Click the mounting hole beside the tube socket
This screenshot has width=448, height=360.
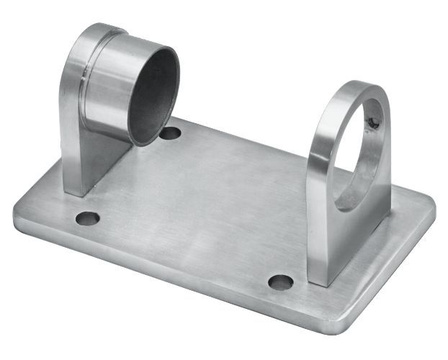click(x=170, y=133)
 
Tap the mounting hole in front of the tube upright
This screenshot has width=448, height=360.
click(x=87, y=217)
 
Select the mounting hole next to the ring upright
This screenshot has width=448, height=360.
click(x=280, y=282)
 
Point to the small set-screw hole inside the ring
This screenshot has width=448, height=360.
click(x=373, y=123)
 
